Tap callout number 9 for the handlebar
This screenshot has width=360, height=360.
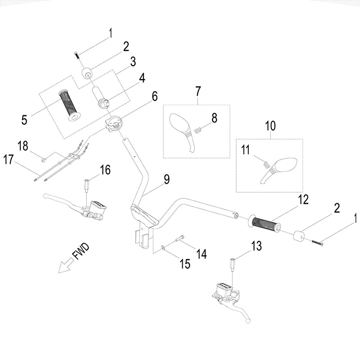(166, 179)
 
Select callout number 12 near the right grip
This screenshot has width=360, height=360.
(302, 200)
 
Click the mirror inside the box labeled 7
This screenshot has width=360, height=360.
(182, 128)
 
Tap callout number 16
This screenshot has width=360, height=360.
(104, 170)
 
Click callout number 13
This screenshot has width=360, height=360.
(256, 246)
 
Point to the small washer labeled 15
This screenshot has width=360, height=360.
(162, 247)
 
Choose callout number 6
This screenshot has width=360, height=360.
(154, 95)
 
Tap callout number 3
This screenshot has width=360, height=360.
(133, 62)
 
